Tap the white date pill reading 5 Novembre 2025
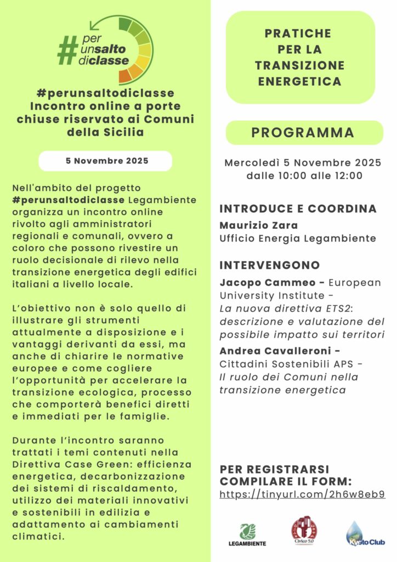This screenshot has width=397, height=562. (x=105, y=161)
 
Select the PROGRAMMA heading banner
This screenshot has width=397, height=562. (x=302, y=133)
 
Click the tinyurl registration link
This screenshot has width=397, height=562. (x=302, y=494)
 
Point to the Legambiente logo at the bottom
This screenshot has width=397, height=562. (x=247, y=534)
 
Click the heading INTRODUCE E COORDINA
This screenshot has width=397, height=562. (x=298, y=209)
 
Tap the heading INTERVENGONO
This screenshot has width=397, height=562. (x=270, y=265)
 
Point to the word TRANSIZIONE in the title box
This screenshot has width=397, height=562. (x=299, y=65)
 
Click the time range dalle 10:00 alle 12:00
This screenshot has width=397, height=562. (x=302, y=176)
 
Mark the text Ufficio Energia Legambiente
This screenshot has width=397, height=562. (x=298, y=238)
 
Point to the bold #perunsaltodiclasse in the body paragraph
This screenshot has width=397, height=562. (x=68, y=199)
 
